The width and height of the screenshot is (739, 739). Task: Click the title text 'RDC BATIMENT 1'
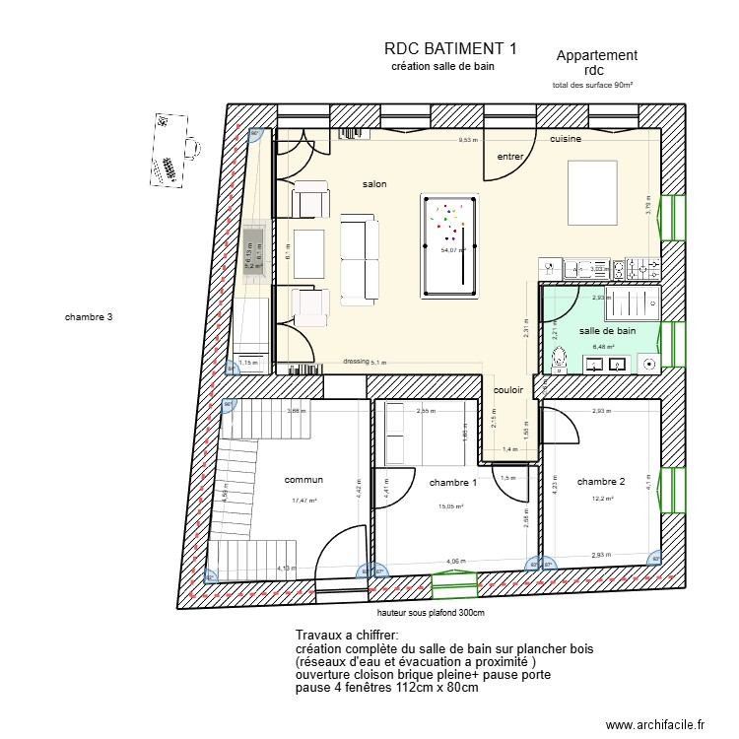(450, 48)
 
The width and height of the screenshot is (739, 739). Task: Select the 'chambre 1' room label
(453, 483)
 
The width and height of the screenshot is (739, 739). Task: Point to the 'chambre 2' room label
(601, 482)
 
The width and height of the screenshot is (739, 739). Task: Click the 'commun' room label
(303, 480)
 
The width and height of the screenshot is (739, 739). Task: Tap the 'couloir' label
(508, 390)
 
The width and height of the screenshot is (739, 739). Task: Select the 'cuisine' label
(566, 140)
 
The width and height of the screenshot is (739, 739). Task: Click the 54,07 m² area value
(452, 251)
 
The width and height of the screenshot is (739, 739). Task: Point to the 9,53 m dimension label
(468, 140)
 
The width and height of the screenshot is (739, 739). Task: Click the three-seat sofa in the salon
(358, 259)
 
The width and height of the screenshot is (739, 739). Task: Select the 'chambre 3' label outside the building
(90, 317)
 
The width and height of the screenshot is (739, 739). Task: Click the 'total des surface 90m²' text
(592, 86)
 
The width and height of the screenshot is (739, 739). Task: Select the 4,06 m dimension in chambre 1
(455, 562)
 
